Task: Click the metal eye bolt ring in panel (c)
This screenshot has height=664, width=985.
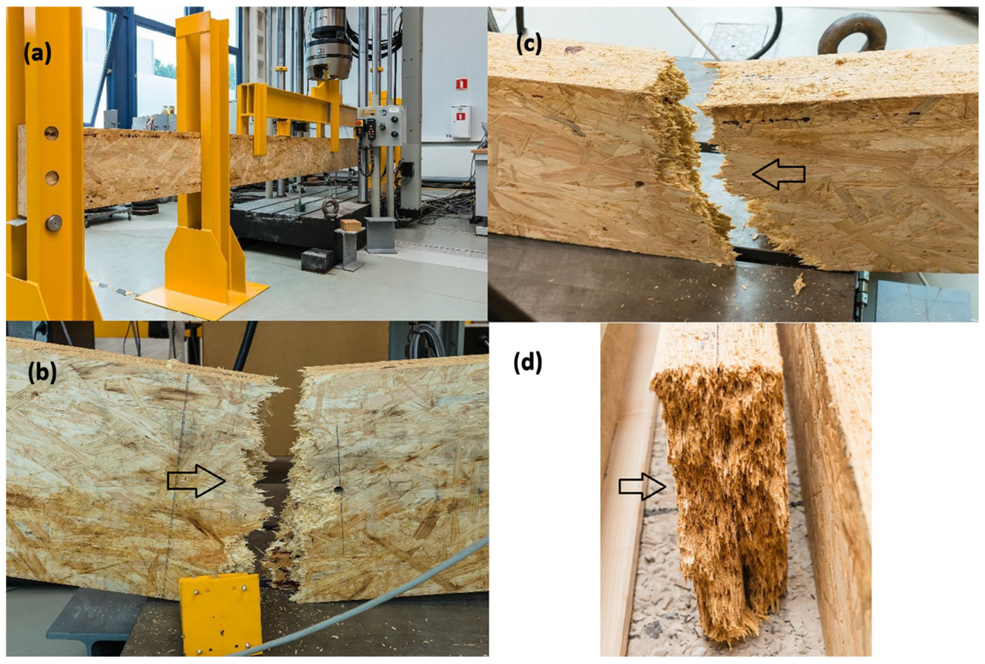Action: coord(852,35)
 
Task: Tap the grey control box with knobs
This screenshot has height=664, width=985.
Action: coord(381,125)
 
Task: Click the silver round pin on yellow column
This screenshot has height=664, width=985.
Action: coord(53,223)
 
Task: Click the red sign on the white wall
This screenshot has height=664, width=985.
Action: coord(461,84)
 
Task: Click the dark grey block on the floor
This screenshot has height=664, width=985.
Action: coord(317,259)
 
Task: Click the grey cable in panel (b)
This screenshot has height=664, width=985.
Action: coord(360,610)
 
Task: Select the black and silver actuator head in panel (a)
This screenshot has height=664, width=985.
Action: coord(329,47)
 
